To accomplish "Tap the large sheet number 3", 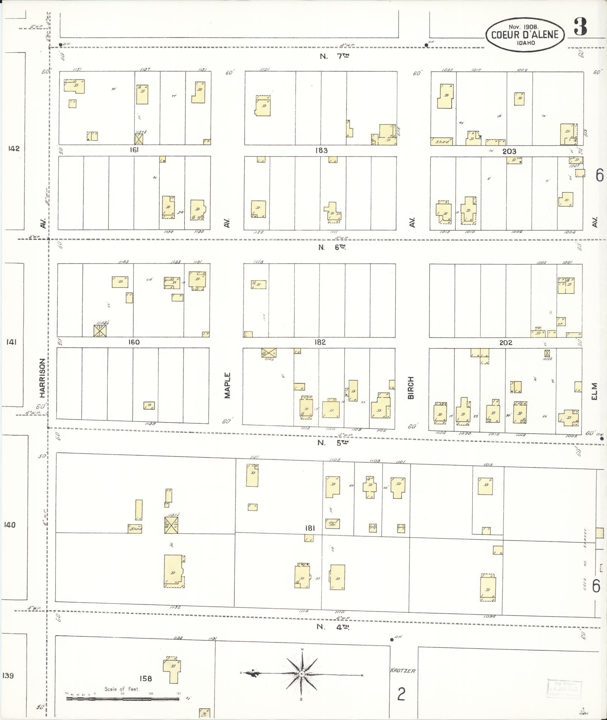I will pos(580,27).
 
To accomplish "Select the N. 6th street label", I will pos(332,247).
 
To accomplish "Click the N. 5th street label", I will pos(333,443).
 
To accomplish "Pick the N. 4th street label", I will pos(333,627).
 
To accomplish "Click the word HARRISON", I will pos(42,378).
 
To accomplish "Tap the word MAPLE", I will pos(227,385).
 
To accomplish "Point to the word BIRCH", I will pos(411,387).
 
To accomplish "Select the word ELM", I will pos(594,391).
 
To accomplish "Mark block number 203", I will pos(509,151).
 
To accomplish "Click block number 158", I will pos(146,679).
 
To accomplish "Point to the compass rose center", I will pos(302,673).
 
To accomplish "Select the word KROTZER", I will pos(402,671).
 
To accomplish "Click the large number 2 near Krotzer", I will pos(401,694).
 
